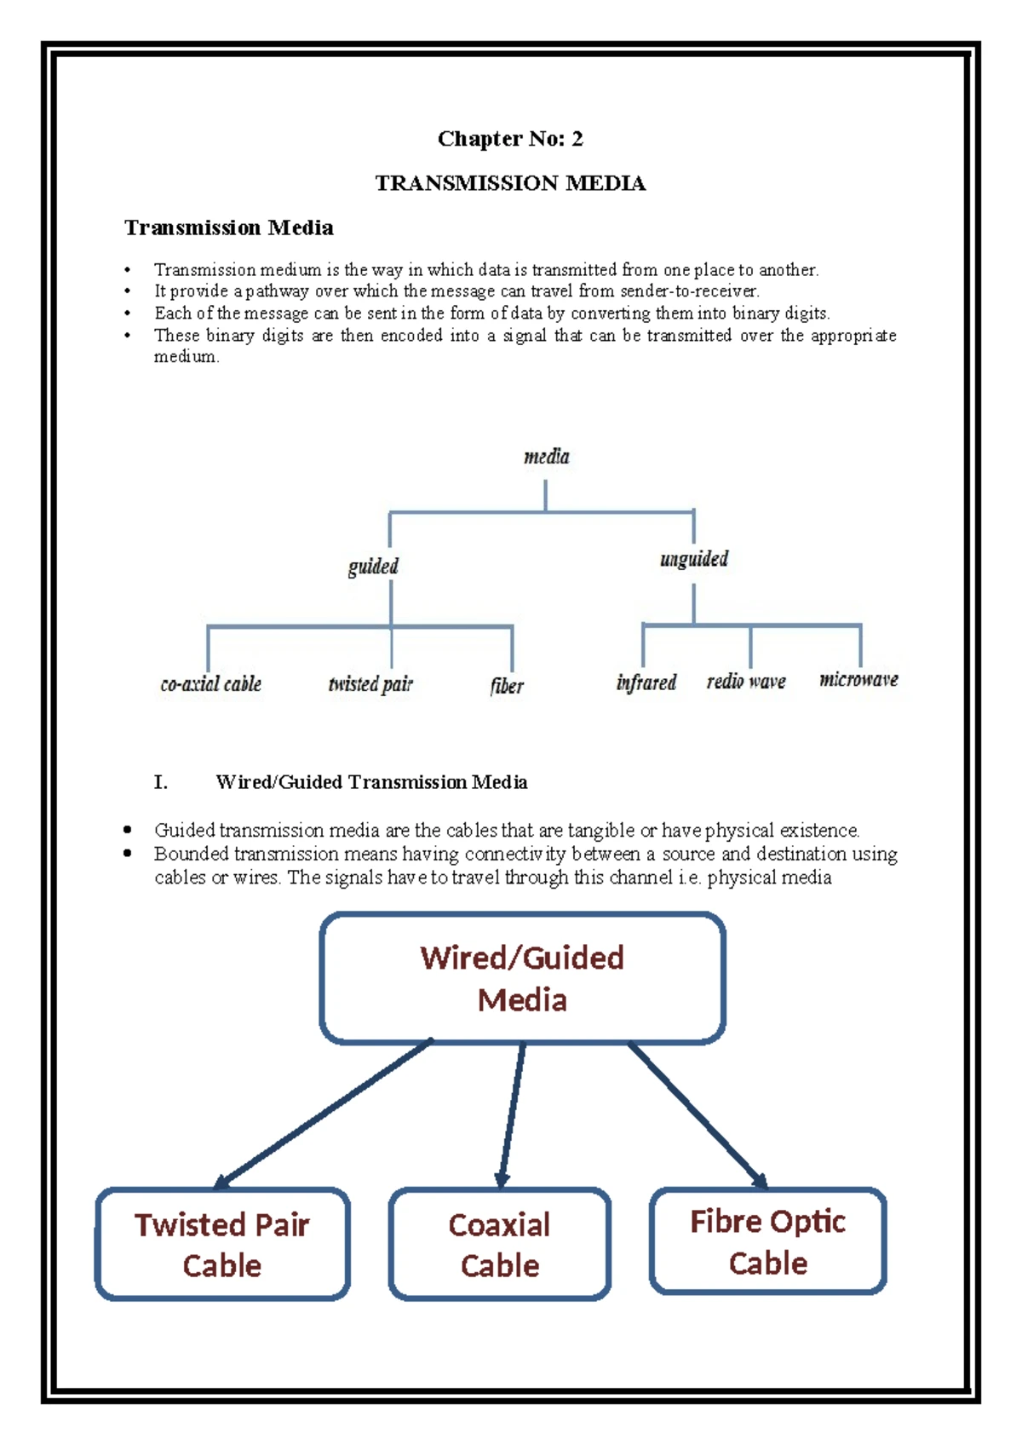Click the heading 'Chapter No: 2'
coord(510,139)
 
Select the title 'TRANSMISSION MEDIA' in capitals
coord(510,183)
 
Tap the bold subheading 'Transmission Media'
coord(228,227)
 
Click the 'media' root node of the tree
coord(546,457)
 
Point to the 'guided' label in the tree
coord(373,567)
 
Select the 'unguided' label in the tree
coord(694,559)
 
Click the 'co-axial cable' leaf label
coord(210,684)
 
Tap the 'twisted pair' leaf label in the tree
coord(370,684)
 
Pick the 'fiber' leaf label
coord(507,686)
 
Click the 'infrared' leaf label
coord(646,682)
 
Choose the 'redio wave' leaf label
coord(746,682)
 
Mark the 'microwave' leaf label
coord(858,679)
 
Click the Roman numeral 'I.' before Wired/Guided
coord(160,782)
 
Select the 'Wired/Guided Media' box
coord(522,978)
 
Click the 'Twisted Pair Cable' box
coord(222,1244)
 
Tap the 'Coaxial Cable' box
coord(500,1244)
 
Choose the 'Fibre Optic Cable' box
coord(767,1241)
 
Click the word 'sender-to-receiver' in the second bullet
coord(688,291)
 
